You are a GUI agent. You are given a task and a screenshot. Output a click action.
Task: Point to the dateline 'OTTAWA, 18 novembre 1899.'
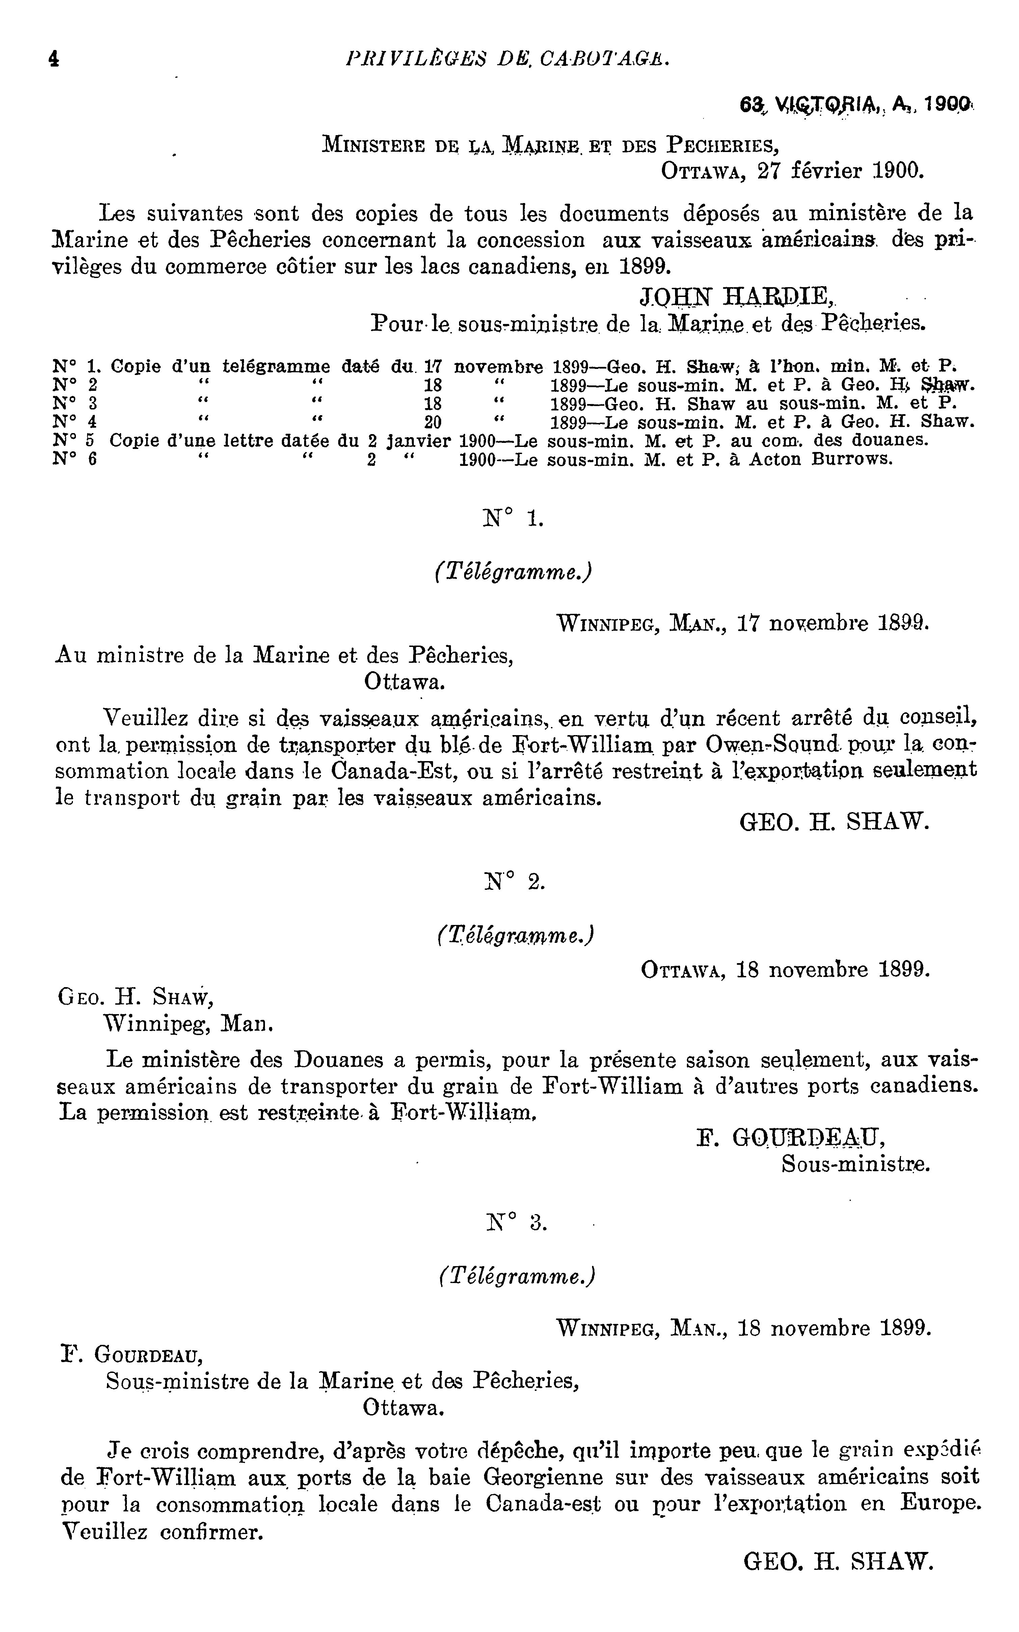click(785, 970)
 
